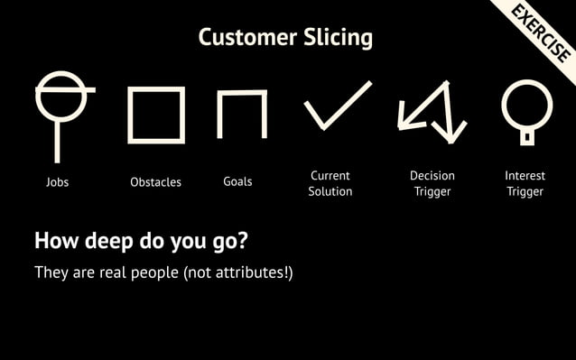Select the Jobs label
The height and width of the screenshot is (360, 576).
click(57, 182)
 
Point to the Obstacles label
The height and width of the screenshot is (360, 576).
click(155, 182)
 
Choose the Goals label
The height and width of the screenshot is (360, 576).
click(237, 181)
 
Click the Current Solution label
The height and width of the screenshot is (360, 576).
click(330, 183)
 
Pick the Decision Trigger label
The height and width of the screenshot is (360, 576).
click(432, 183)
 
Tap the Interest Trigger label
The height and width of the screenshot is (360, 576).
click(525, 183)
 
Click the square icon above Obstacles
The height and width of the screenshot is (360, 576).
click(156, 115)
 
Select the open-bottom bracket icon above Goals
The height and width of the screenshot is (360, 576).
click(242, 113)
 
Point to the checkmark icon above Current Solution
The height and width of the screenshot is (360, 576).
click(337, 106)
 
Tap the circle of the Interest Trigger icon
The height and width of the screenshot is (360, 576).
click(526, 105)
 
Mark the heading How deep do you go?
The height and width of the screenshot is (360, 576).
click(141, 242)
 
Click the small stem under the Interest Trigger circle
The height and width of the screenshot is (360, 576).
click(526, 137)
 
